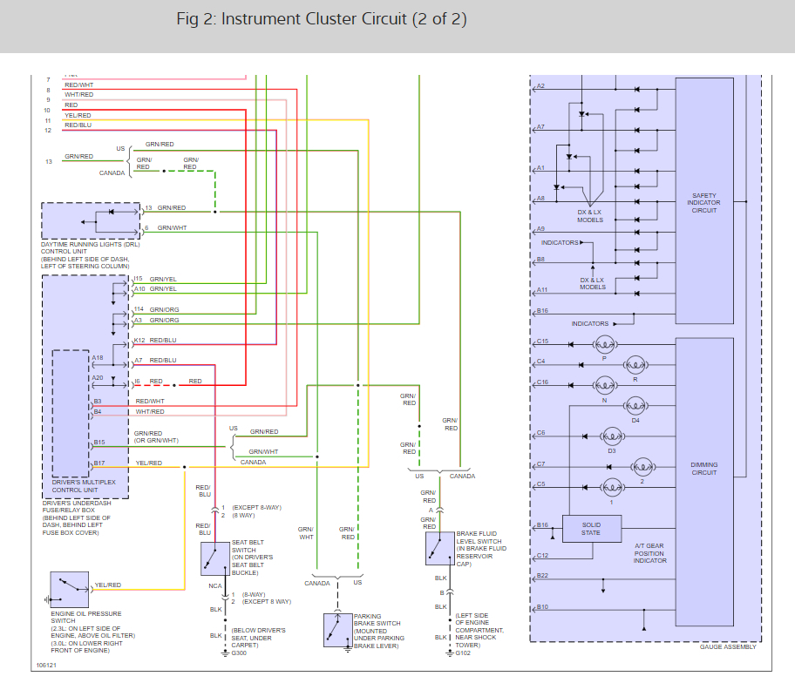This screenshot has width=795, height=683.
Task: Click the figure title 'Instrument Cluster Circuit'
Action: pyautogui.click(x=322, y=19)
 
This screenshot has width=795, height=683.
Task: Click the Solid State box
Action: pyautogui.click(x=591, y=528)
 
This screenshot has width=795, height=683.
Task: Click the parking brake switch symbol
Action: pyautogui.click(x=337, y=629)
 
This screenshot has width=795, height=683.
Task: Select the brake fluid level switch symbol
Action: pyautogui.click(x=439, y=547)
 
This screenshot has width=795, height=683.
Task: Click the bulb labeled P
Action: pyautogui.click(x=605, y=344)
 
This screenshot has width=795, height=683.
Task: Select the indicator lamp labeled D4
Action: pyautogui.click(x=635, y=406)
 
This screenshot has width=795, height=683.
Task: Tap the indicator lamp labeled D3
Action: pyautogui.click(x=612, y=436)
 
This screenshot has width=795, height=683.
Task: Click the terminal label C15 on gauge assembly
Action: pyautogui.click(x=542, y=341)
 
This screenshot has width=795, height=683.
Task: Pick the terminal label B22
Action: pyautogui.click(x=542, y=575)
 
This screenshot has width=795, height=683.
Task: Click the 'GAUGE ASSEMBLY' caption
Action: pyautogui.click(x=728, y=646)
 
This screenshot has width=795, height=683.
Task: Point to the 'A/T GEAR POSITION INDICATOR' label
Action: pyautogui.click(x=650, y=552)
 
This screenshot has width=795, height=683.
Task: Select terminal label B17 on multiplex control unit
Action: pyautogui.click(x=99, y=463)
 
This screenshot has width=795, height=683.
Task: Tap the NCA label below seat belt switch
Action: pyautogui.click(x=214, y=585)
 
